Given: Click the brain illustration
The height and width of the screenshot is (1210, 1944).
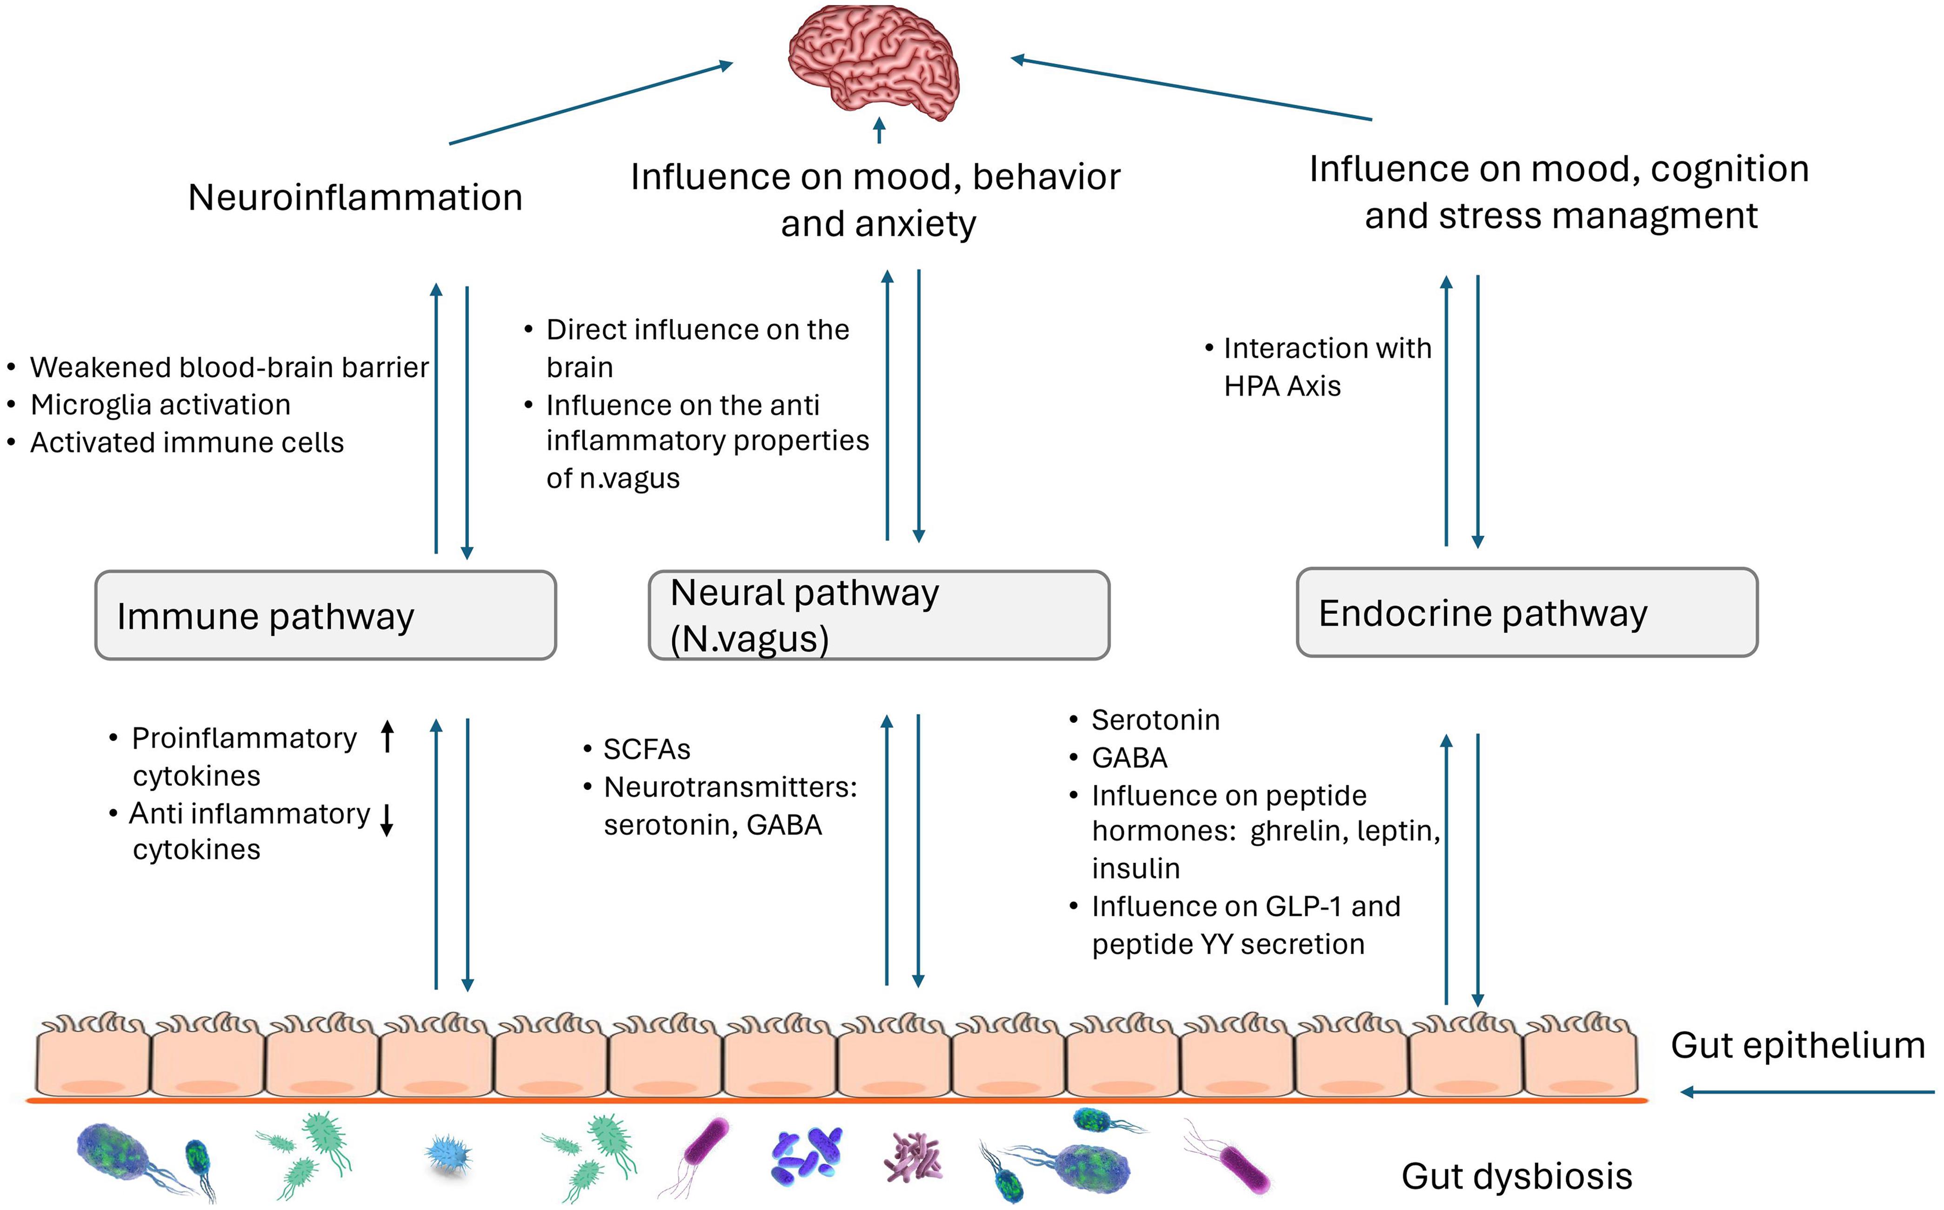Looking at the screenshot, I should (874, 62).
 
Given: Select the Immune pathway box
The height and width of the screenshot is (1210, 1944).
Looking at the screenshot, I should (325, 615).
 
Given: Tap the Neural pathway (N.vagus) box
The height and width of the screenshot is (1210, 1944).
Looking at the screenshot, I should (878, 615).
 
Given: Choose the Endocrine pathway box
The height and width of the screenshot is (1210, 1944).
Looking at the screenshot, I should (1526, 613).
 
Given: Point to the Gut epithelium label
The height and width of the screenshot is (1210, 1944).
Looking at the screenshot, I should (1797, 1045).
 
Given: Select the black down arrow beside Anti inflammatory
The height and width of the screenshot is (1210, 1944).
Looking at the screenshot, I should (387, 820).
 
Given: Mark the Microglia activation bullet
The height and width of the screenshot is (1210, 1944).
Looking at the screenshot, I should (160, 405).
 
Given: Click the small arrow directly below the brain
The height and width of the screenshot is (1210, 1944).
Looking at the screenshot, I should (879, 130).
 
